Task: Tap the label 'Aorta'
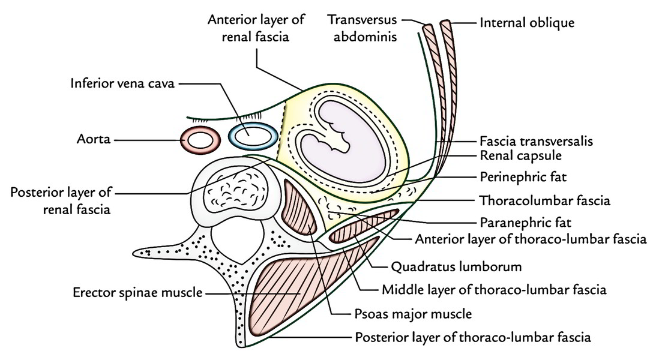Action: [x=94, y=139]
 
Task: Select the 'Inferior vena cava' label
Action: [x=122, y=83]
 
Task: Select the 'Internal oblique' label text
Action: [x=527, y=22]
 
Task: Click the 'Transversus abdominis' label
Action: [x=362, y=28]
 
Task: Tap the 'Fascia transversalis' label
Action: [x=536, y=141]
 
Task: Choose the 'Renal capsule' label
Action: [x=520, y=155]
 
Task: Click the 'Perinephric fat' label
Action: [x=523, y=177]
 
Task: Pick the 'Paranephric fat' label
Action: [x=526, y=223]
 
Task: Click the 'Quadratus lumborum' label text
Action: [x=456, y=267]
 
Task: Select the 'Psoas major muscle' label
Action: [x=413, y=314]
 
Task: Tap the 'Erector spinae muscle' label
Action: [x=137, y=293]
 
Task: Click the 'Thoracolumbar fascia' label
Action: [x=545, y=200]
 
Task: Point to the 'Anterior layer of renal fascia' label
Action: [x=256, y=28]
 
